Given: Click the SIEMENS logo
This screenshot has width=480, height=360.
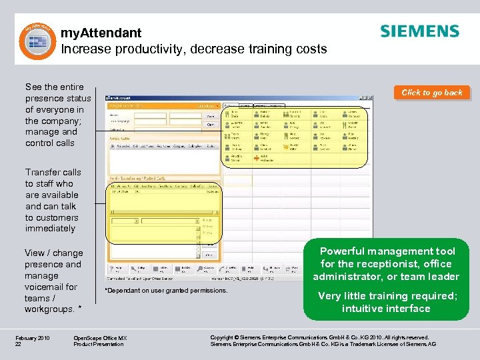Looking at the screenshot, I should tap(419, 31).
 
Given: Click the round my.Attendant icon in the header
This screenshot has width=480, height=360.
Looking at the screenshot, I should tap(33, 41).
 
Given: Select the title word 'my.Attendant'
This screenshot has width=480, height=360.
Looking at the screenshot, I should tap(101, 33).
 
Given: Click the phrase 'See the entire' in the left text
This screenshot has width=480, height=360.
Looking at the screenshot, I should tap(54, 87).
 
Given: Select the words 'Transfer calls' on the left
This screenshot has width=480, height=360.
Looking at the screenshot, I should tap(53, 172).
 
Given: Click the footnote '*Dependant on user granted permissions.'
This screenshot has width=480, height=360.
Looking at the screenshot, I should tap(166, 291).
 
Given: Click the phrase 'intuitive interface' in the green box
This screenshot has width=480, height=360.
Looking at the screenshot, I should tap(386, 309).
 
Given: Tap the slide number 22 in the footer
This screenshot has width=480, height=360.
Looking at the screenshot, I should tap(19, 345).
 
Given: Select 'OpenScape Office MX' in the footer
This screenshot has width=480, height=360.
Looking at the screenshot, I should tap(100, 338).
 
